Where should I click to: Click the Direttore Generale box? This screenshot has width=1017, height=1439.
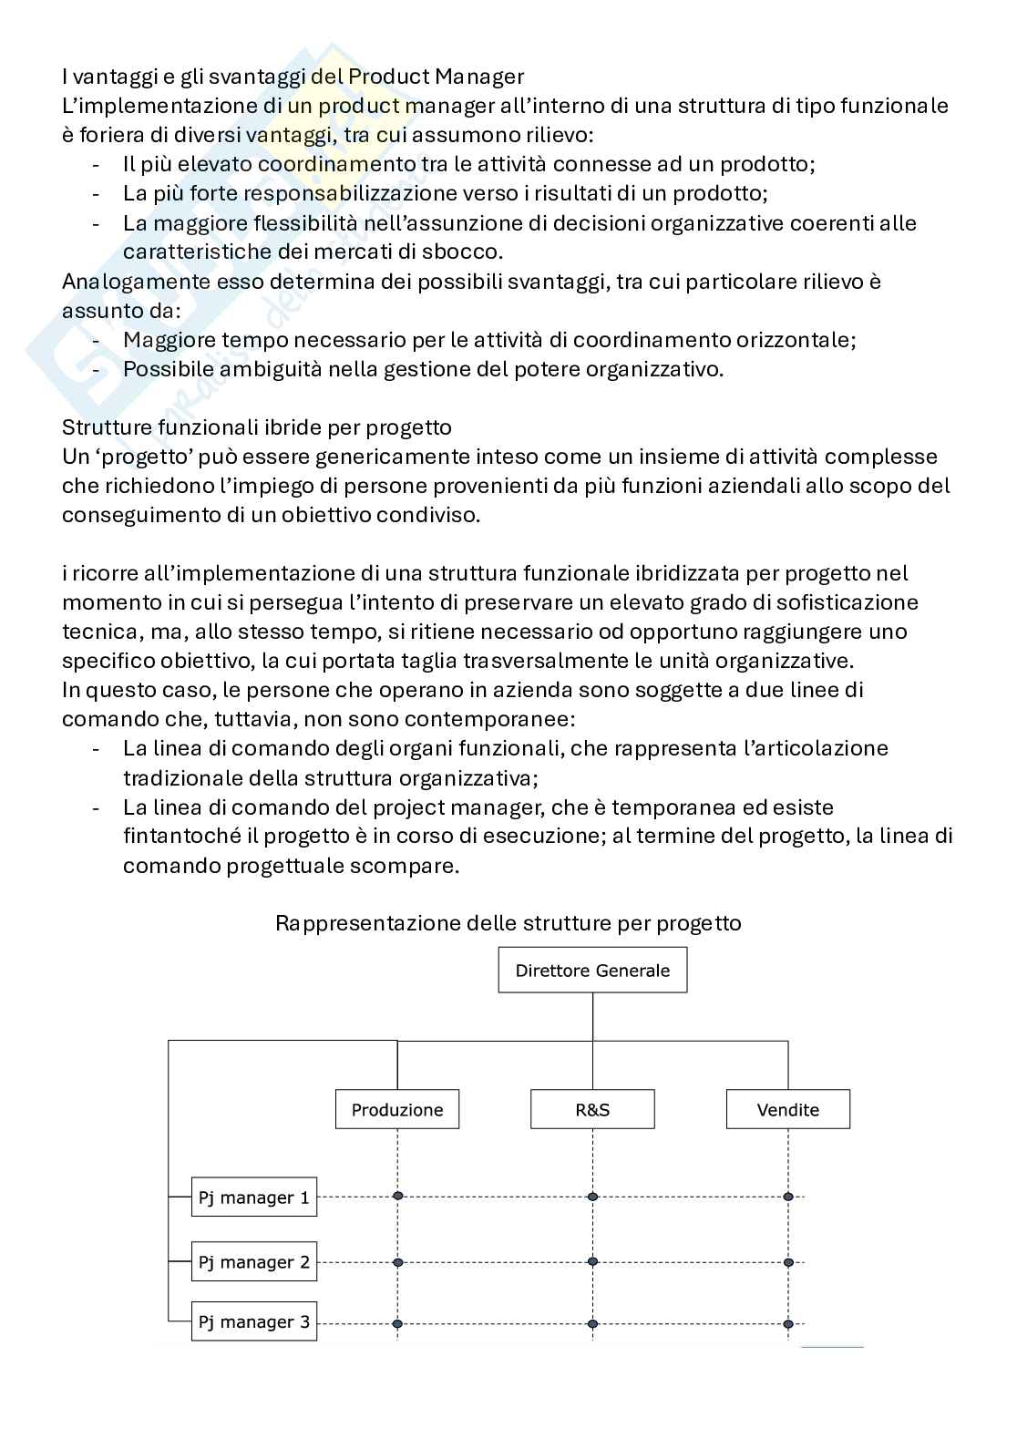[x=592, y=971]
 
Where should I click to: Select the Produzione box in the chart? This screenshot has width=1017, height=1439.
[x=397, y=1110]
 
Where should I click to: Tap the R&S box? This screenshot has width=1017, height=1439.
[x=592, y=1110]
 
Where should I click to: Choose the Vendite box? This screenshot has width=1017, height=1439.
[x=787, y=1110]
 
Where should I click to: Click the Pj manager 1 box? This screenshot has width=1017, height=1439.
[x=254, y=1197]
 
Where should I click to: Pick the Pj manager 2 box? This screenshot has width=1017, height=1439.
[x=254, y=1262]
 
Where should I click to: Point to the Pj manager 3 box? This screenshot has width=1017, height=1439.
[x=254, y=1322]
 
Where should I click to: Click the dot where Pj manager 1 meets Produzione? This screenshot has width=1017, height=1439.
[x=397, y=1196]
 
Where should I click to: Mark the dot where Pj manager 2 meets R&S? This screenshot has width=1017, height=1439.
[x=592, y=1262]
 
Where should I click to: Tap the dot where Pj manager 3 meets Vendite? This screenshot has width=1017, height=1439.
[x=788, y=1323]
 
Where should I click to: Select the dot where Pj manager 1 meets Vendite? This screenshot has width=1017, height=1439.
[x=788, y=1196]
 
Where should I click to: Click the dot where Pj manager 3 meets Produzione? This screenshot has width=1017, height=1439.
[x=397, y=1323]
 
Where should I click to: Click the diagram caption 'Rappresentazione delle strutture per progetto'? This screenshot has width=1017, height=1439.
[x=508, y=923]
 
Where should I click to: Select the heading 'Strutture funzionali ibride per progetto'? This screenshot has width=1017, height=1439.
[x=256, y=427]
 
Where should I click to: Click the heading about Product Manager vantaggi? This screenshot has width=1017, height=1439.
[x=293, y=77]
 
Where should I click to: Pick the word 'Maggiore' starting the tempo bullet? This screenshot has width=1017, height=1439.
[x=166, y=340]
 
